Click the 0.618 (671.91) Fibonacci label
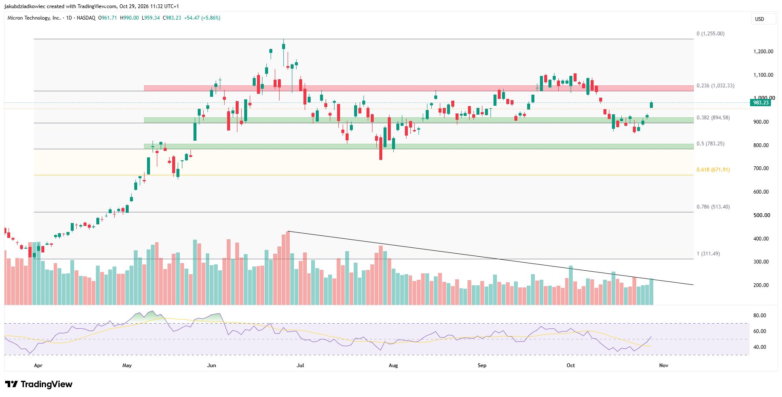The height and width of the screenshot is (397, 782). (x=713, y=170)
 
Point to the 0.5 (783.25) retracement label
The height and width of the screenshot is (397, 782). (x=710, y=144)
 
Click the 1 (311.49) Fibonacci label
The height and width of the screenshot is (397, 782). (x=708, y=254)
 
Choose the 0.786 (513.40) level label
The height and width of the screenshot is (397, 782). (x=713, y=207)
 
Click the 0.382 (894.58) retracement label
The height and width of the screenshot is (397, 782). (x=713, y=118)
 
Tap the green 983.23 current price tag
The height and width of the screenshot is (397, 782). (x=761, y=103)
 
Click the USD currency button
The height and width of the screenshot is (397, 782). (x=759, y=19)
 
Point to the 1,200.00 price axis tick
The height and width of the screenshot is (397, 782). (x=763, y=52)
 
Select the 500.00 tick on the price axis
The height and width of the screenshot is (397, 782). (x=762, y=215)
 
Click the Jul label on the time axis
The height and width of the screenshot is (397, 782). (x=300, y=365)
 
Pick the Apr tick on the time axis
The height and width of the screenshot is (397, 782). (x=38, y=365)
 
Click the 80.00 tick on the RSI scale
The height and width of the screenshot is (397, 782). (x=760, y=316)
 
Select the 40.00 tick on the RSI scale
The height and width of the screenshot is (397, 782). (x=760, y=347)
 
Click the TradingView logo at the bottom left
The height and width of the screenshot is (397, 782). (x=39, y=384)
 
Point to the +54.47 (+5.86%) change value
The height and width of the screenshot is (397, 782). (x=202, y=18)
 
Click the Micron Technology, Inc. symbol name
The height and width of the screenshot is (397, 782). (x=34, y=18)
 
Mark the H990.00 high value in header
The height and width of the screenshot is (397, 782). (x=129, y=18)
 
